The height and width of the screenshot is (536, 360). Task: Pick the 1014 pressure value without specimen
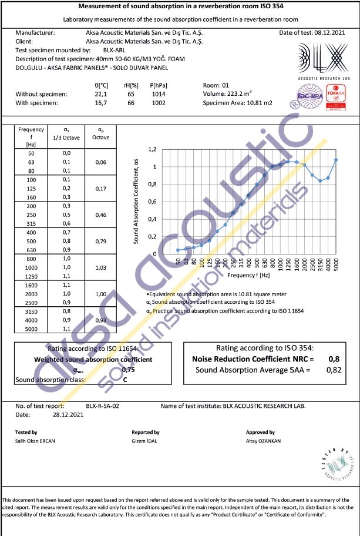(x=158, y=94)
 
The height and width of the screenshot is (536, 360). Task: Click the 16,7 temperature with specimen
(x=101, y=103)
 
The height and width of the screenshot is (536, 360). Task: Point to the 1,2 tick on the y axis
(x=153, y=149)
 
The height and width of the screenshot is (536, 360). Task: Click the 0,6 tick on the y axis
(x=153, y=202)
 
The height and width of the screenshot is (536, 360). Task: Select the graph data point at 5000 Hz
(x=336, y=160)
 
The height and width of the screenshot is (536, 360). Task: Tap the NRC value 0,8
(x=333, y=359)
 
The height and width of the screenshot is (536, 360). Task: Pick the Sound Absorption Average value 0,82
(x=333, y=370)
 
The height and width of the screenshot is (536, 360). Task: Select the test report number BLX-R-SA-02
(x=102, y=406)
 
